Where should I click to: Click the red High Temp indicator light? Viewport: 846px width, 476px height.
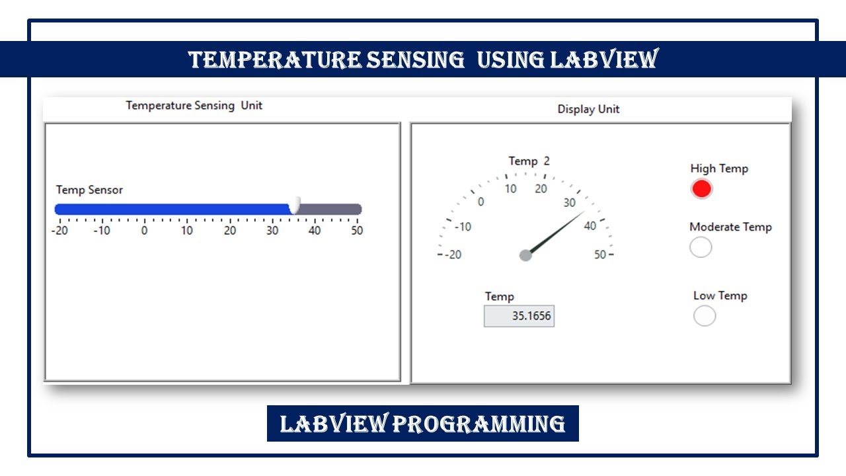click(x=702, y=189)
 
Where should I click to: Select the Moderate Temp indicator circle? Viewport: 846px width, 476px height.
click(x=701, y=247)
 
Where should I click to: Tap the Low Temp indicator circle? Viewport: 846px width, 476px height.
click(x=705, y=316)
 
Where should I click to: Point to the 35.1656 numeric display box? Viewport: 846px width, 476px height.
click(x=519, y=316)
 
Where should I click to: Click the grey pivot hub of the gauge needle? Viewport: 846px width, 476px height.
click(x=525, y=255)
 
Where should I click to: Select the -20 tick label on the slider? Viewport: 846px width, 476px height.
click(x=60, y=231)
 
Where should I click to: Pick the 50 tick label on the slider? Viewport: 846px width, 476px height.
click(x=357, y=231)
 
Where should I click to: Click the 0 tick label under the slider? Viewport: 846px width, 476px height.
click(x=144, y=231)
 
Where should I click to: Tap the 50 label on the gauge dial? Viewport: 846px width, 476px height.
click(x=600, y=255)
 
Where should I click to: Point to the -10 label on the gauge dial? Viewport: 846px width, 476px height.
click(x=463, y=227)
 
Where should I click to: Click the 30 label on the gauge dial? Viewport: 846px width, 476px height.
click(x=569, y=203)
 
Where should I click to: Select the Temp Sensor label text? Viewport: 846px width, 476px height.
click(x=89, y=190)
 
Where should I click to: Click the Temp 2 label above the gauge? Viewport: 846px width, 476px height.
click(x=529, y=161)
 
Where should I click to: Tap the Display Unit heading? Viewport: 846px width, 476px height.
click(x=588, y=109)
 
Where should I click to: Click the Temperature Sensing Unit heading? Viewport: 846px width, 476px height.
click(x=194, y=105)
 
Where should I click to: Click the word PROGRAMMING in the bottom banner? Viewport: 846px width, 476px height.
click(x=479, y=423)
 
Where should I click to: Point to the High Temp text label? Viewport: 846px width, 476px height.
click(x=719, y=169)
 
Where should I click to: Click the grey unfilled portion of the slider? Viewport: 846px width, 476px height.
click(x=330, y=210)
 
